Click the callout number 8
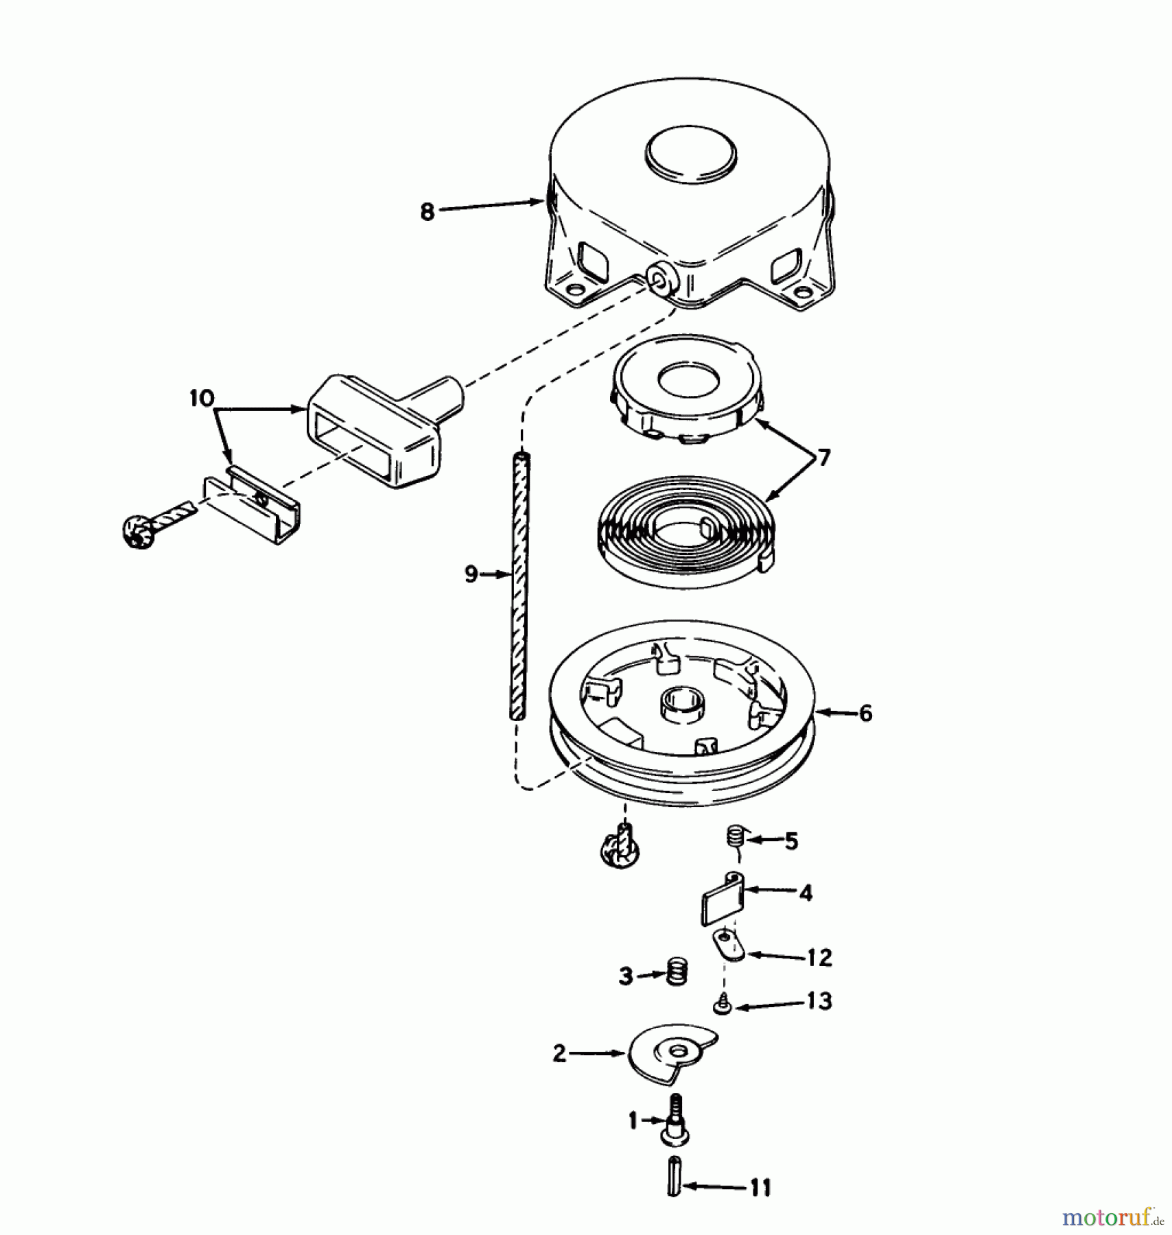point(427,212)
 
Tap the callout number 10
point(202,399)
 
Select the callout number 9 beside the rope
point(471,574)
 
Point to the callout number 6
point(865,714)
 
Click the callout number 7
point(823,457)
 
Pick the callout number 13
point(819,1001)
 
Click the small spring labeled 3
point(677,973)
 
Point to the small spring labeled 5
point(736,839)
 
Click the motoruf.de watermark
point(1111,1218)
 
